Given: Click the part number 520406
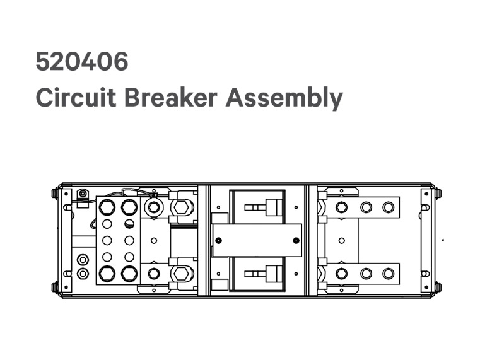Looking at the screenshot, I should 82,62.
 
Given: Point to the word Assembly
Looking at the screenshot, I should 284,99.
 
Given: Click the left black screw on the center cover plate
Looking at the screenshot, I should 218,240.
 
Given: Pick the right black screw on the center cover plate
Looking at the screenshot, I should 296,240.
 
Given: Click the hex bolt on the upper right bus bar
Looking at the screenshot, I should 341,207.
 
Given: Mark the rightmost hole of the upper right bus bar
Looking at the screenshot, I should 388,207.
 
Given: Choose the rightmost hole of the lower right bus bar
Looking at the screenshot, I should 388,274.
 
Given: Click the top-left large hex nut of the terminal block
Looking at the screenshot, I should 107,207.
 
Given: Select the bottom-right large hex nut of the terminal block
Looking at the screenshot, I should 129,274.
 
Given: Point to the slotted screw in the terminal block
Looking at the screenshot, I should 129,223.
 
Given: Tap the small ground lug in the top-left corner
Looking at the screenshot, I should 82,194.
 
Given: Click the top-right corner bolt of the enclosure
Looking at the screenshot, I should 437,193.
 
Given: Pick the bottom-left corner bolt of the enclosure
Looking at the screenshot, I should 55,287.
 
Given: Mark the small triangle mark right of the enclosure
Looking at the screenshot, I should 443,240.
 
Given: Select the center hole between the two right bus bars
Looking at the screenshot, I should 341,240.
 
